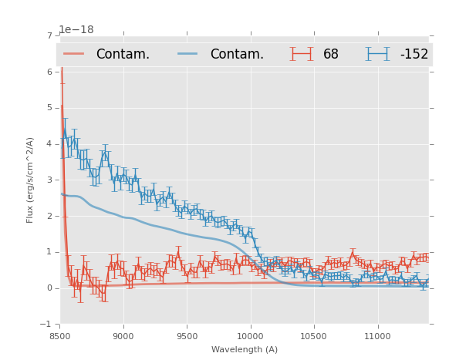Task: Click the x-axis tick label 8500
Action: pyautogui.click(x=59, y=336)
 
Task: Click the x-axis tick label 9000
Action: pyautogui.click(x=123, y=336)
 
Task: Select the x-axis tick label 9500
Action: pyautogui.click(x=187, y=336)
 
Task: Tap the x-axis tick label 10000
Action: pyautogui.click(x=251, y=336)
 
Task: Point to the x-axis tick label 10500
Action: pyautogui.click(x=314, y=336)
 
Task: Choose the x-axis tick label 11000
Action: pyautogui.click(x=377, y=336)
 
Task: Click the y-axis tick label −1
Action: pyautogui.click(x=48, y=325)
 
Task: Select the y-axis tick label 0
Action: pyautogui.click(x=49, y=288)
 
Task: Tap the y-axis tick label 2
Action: pyautogui.click(x=49, y=216)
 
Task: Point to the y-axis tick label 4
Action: pyautogui.click(x=49, y=144)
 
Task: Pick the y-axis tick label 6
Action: pyautogui.click(x=49, y=72)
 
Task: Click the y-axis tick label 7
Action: pyautogui.click(x=49, y=36)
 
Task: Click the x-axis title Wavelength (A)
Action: pyautogui.click(x=244, y=349)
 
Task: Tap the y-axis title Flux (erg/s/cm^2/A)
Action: pyautogui.click(x=31, y=180)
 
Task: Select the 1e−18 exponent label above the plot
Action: pyautogui.click(x=76, y=30)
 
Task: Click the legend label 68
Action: pyautogui.click(x=331, y=55)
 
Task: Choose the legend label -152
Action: pyautogui.click(x=414, y=55)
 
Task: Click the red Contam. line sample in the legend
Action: pyautogui.click(x=75, y=54)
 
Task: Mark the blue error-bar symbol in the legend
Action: pyautogui.click(x=377, y=54)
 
